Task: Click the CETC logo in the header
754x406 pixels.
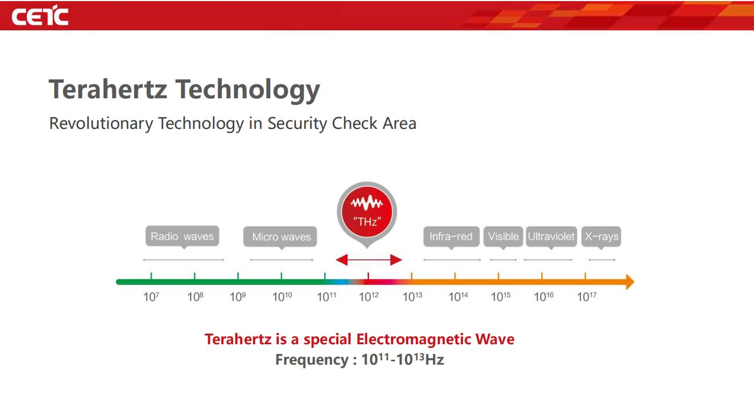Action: [40, 16]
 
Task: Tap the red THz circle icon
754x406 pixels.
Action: [367, 212]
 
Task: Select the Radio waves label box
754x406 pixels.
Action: [182, 236]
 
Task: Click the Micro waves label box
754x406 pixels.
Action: [280, 237]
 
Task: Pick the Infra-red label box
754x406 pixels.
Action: [452, 236]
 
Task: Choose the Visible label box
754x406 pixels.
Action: [503, 236]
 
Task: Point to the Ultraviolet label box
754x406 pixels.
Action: [552, 236]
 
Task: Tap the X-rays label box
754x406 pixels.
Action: [601, 236]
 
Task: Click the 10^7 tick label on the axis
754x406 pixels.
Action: [151, 296]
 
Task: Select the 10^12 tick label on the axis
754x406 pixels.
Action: [368, 296]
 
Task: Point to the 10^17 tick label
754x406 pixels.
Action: [586, 296]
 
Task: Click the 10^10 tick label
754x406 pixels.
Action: [282, 296]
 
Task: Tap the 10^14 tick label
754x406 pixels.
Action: [458, 296]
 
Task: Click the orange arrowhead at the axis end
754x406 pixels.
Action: [630, 282]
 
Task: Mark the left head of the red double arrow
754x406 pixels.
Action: [342, 260]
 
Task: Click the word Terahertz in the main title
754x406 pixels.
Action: [108, 89]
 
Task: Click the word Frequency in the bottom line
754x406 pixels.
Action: [312, 360]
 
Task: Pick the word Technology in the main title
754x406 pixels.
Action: [248, 91]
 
